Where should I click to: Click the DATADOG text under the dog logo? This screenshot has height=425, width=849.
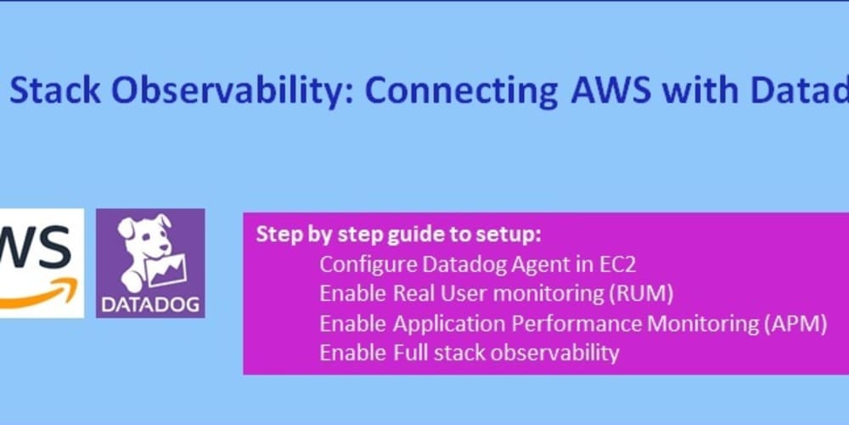pos(149,303)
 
